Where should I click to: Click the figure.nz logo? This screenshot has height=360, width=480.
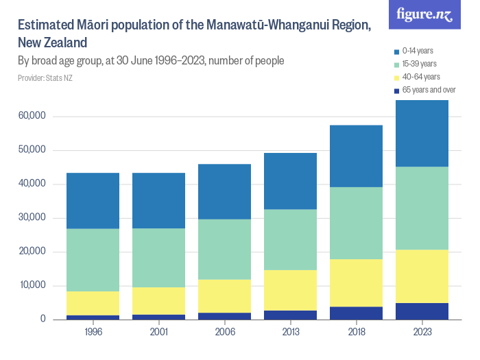coord(425,15)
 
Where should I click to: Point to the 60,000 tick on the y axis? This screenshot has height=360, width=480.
coord(32,116)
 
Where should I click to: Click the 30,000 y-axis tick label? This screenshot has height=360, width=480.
coord(32,217)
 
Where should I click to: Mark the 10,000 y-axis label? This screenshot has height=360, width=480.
coord(32,285)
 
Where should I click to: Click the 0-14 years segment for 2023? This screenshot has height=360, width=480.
coord(422,133)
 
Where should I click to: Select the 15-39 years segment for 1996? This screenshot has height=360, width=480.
coord(93,260)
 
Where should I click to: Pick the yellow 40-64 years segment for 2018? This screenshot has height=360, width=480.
coord(356,283)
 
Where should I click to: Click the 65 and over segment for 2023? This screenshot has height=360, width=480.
coord(422,311)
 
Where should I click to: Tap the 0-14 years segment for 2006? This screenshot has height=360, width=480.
coord(224,191)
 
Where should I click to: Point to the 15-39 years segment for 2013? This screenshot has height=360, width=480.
coord(290,239)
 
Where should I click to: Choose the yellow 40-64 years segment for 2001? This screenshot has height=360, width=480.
coord(158,301)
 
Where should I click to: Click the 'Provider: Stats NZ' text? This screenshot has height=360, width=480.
coord(45,77)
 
